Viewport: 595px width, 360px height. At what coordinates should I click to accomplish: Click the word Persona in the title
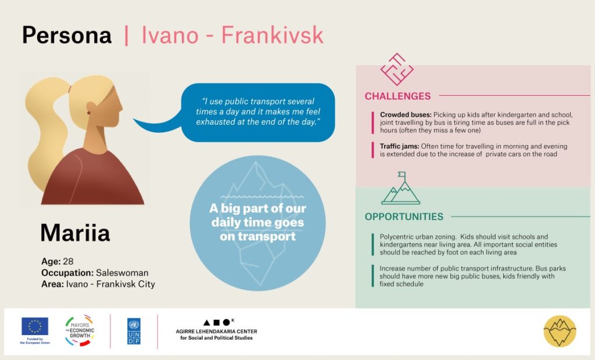click(67, 35)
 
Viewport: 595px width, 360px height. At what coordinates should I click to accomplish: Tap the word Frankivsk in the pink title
click(272, 35)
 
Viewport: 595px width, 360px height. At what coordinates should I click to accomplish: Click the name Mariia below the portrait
click(75, 232)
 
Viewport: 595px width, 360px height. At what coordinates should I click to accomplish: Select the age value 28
click(69, 261)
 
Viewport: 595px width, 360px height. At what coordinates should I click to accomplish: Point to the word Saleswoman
click(122, 273)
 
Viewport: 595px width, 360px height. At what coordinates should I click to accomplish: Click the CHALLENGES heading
click(397, 96)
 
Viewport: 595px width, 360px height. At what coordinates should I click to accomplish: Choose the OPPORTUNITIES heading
click(404, 217)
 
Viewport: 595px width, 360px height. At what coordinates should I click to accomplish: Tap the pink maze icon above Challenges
click(397, 69)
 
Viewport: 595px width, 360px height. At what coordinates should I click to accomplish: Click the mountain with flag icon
click(401, 188)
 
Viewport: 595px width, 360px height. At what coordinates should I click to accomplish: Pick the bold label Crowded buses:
click(406, 114)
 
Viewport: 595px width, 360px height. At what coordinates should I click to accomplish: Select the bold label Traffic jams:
click(400, 146)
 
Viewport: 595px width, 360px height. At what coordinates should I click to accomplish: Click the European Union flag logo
click(35, 326)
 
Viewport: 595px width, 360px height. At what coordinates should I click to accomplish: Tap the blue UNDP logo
click(134, 331)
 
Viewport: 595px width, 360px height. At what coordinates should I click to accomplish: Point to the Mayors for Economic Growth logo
click(80, 330)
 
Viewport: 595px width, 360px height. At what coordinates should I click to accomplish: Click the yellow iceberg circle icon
click(560, 331)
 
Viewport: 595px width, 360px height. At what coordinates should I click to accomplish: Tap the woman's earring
click(89, 113)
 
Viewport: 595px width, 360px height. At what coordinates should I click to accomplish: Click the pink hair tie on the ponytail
click(70, 89)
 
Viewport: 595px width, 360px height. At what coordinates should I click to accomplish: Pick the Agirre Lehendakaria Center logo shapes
click(217, 322)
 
